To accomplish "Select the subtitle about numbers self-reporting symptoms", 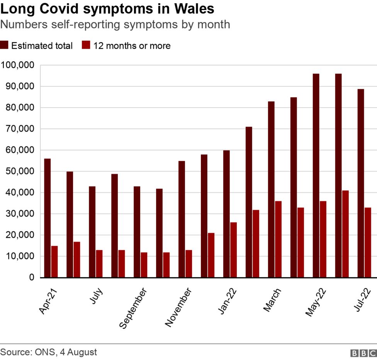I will (x=115, y=25).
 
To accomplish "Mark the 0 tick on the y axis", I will (x=31, y=277).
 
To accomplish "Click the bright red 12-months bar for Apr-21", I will (x=54, y=261).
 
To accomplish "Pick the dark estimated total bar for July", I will (x=92, y=232).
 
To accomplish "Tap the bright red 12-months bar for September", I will (x=144, y=264).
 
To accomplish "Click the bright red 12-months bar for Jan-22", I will (x=233, y=250).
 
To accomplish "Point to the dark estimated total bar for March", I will (x=271, y=189).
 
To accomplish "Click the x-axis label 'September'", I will (x=133, y=308).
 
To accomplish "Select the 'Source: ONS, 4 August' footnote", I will (x=49, y=352).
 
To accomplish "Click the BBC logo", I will (x=363, y=353).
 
